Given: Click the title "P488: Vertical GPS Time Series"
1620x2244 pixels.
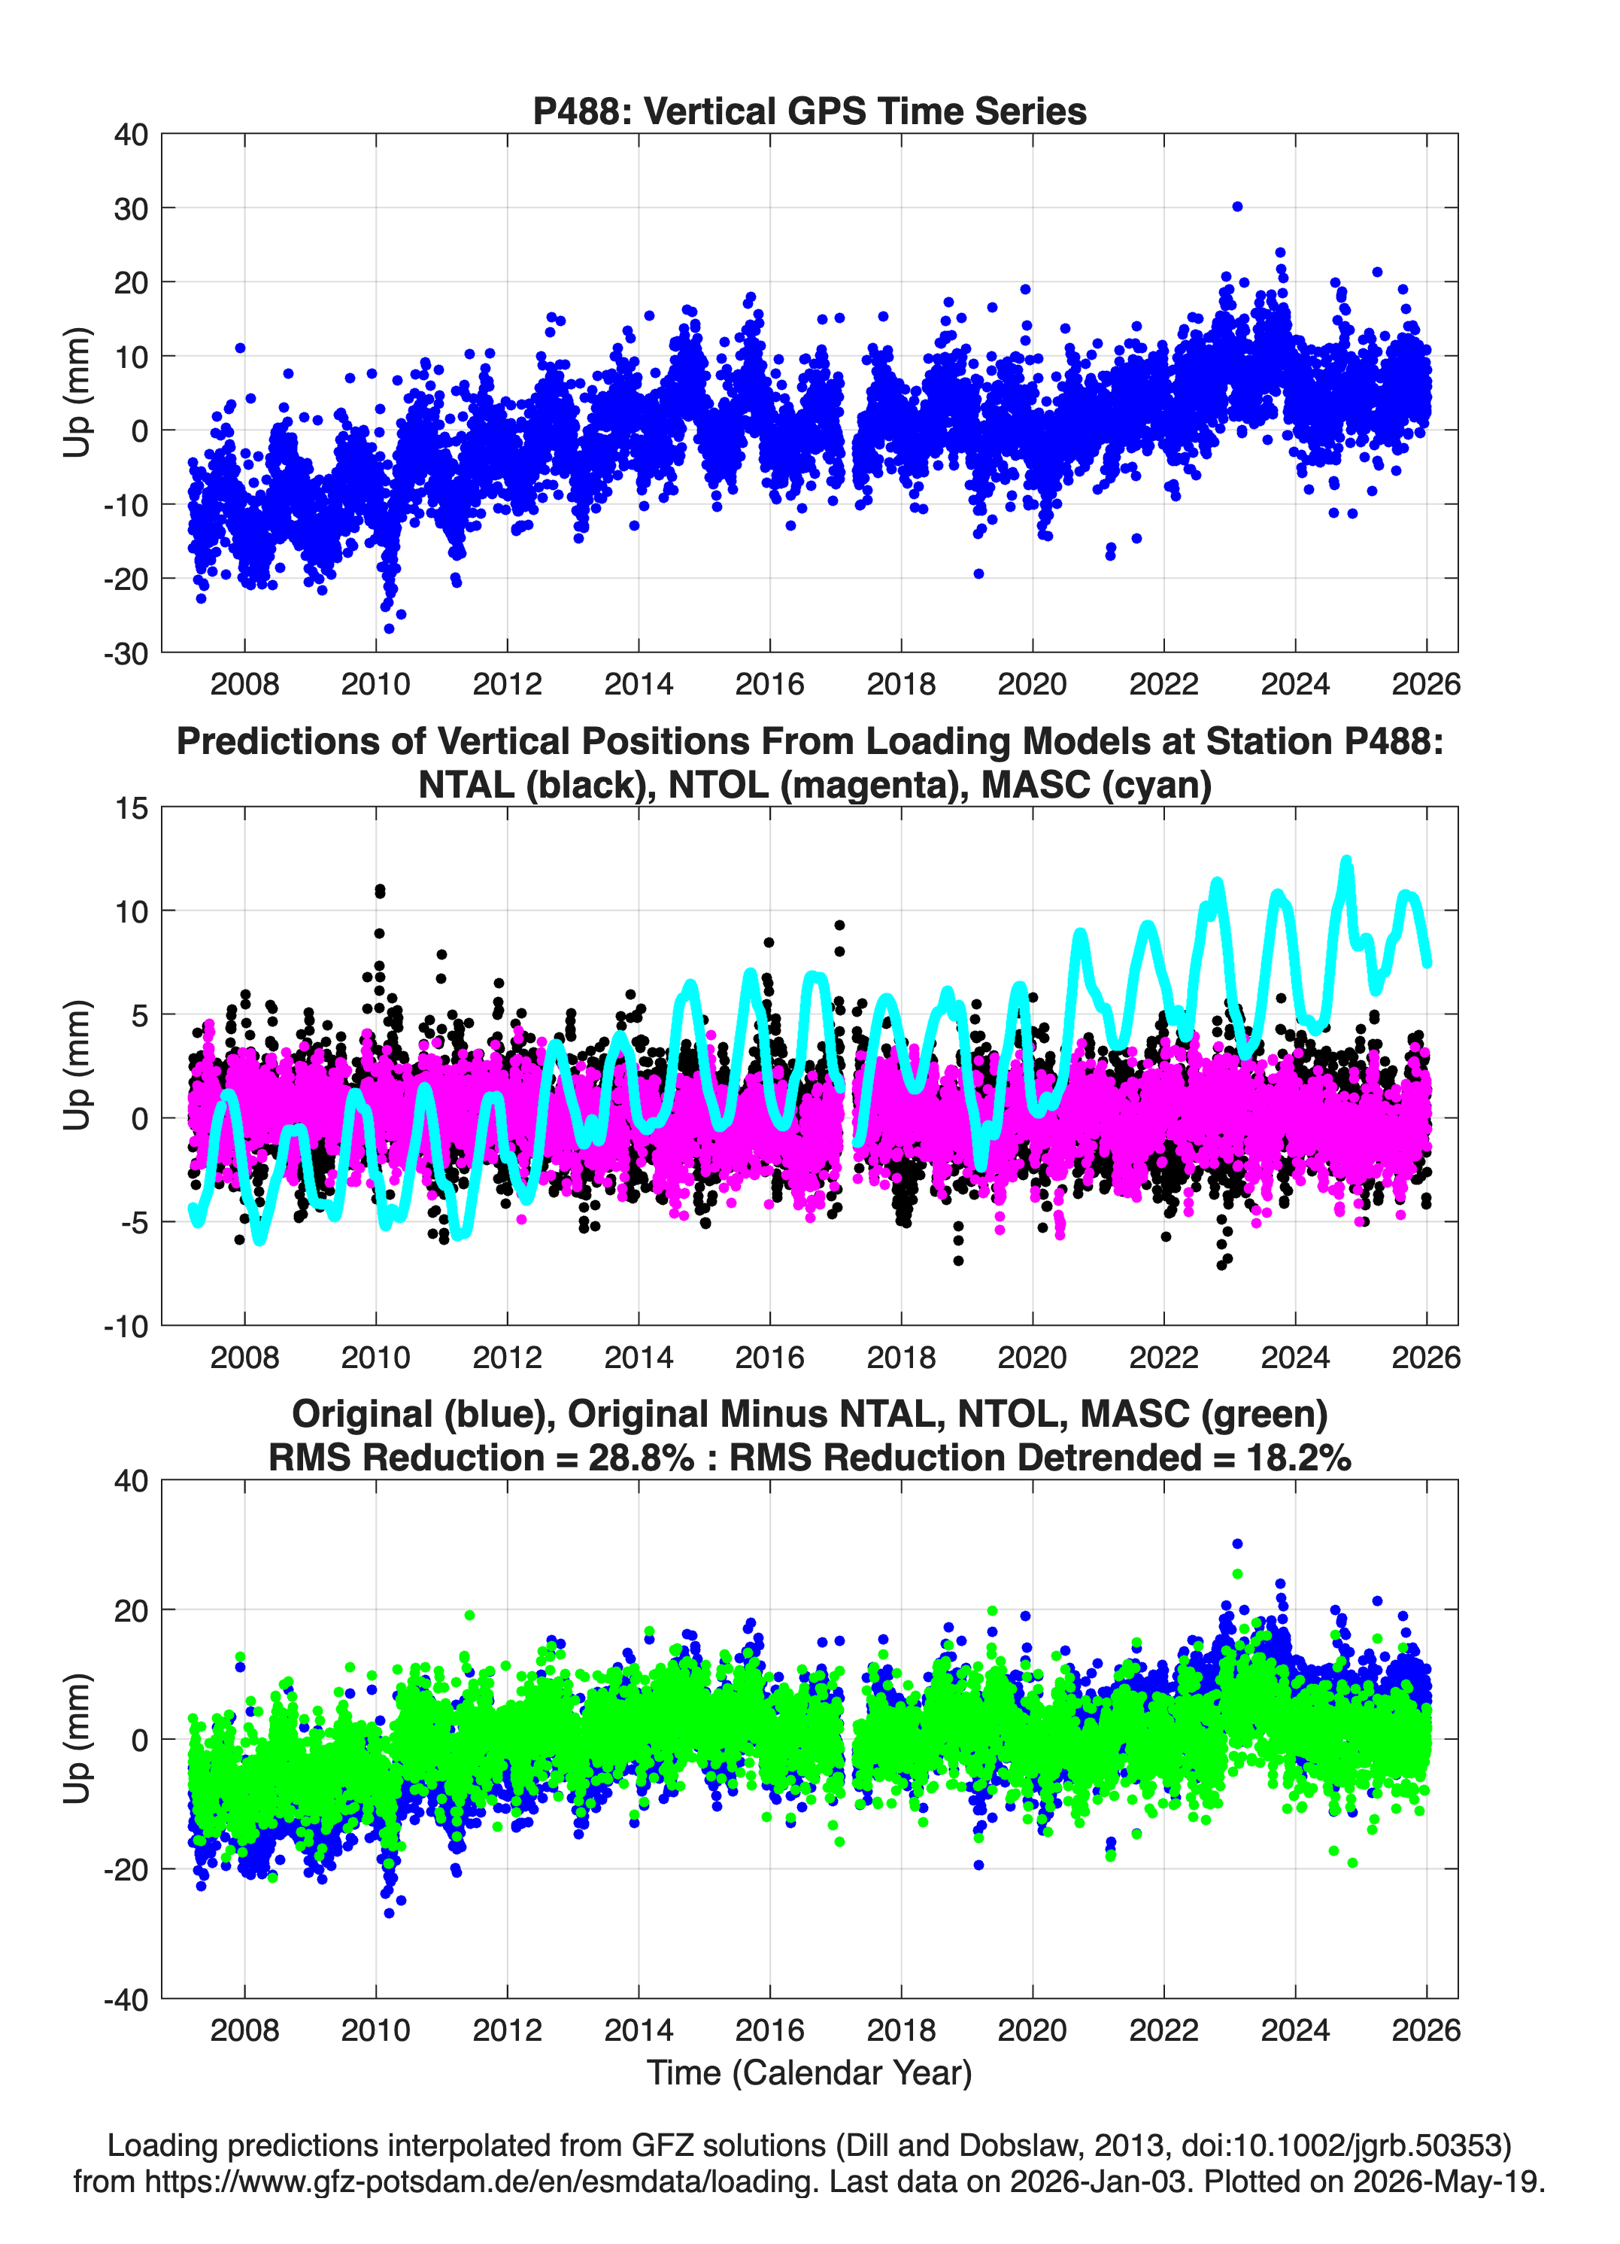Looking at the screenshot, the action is pyautogui.click(x=809, y=111).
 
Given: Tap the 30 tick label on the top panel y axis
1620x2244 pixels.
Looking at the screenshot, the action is pyautogui.click(x=131, y=208).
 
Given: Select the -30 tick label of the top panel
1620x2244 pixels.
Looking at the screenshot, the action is pyautogui.click(x=126, y=653).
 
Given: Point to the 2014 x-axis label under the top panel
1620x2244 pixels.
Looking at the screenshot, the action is pyautogui.click(x=638, y=684).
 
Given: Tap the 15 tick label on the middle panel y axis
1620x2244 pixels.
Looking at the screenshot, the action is pyautogui.click(x=132, y=808).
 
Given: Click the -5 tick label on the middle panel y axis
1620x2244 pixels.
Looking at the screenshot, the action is pyautogui.click(x=135, y=1222).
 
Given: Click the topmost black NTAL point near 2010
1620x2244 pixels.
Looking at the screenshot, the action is pyautogui.click(x=380, y=889).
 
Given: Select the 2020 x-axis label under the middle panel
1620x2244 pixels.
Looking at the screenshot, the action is pyautogui.click(x=1032, y=1357).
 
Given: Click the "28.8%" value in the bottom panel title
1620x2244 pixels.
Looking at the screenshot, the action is pyautogui.click(x=641, y=1458).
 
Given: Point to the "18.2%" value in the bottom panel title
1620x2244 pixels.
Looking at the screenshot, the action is pyautogui.click(x=1299, y=1458).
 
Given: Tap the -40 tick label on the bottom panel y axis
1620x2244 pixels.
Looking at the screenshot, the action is pyautogui.click(x=126, y=1999).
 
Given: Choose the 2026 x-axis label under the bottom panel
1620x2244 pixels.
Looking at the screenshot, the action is pyautogui.click(x=1425, y=2030).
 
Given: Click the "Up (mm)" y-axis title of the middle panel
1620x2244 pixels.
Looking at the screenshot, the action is pyautogui.click(x=77, y=1066).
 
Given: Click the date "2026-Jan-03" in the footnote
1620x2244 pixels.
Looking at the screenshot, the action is pyautogui.click(x=1098, y=2180).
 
